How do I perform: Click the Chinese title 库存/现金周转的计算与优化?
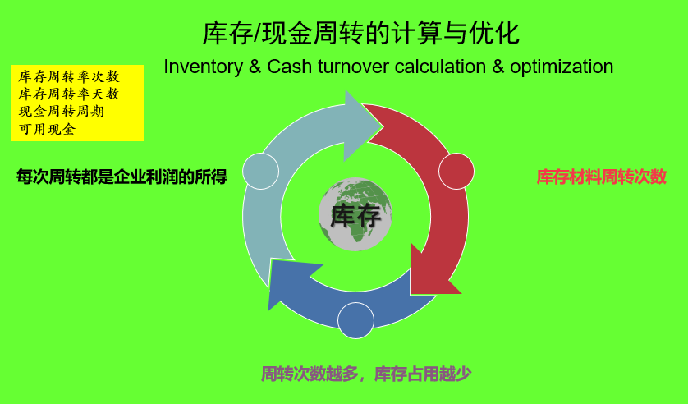(360, 34)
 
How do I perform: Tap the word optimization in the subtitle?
(561, 67)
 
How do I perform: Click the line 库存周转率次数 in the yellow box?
(69, 76)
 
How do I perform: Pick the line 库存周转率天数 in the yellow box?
(69, 94)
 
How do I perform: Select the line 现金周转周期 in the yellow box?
(62, 111)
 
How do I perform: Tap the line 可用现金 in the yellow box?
(47, 129)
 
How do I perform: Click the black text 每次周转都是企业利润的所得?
(122, 177)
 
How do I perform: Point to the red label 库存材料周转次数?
(601, 177)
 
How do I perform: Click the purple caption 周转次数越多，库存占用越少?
(366, 374)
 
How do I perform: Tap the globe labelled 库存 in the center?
(355, 215)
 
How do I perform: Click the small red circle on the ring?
(456, 171)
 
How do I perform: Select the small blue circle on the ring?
(355, 320)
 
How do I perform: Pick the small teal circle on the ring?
(261, 171)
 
